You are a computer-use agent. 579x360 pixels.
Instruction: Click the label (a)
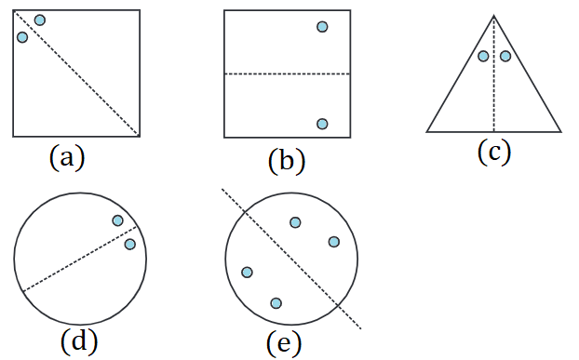coord(67,158)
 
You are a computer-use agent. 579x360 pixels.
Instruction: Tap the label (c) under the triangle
coord(494,152)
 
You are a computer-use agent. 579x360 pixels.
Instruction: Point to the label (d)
coord(79,340)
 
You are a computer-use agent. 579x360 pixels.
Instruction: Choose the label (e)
coord(284,343)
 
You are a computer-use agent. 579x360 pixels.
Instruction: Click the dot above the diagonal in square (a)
coord(40,20)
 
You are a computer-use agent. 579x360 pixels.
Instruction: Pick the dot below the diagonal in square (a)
coord(22,37)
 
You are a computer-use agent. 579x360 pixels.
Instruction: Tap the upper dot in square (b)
coord(322,27)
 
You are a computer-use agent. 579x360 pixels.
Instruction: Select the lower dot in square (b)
coord(322,124)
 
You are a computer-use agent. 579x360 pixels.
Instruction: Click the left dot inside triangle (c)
coord(483,56)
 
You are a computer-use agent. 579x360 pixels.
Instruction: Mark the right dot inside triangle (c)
coord(505,56)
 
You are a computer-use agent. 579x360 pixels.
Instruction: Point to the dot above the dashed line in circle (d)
coord(118,220)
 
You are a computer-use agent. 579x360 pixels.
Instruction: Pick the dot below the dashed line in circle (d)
coord(130,244)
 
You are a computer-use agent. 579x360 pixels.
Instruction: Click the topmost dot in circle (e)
coord(295,222)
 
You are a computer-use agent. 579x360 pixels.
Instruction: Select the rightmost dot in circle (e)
coord(334,242)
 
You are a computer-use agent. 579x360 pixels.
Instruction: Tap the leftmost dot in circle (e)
coord(247,273)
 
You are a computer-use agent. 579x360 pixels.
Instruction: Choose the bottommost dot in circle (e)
coord(276,303)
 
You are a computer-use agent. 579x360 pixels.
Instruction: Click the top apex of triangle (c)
coord(494,16)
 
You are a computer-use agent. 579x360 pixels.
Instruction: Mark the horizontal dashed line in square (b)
coord(288,74)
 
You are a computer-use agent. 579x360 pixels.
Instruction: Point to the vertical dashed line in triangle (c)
coord(494,73)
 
